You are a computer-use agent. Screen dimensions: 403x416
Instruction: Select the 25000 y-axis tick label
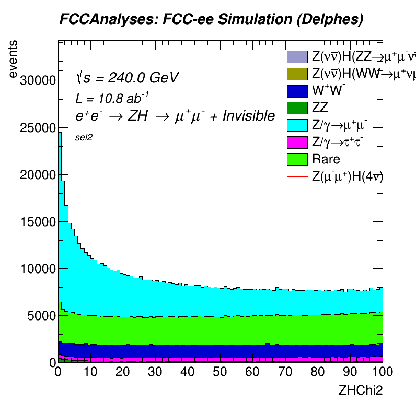[x=38, y=127]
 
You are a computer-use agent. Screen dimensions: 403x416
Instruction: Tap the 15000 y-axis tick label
[x=38, y=221]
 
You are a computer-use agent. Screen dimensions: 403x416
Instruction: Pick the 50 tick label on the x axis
[x=221, y=372]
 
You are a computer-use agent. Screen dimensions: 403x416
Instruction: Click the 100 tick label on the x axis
[x=382, y=372]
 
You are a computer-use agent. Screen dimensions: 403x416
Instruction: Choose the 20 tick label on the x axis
[x=123, y=372]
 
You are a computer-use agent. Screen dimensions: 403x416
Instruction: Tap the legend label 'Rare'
[x=326, y=159]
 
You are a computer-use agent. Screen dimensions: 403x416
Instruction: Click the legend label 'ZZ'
[x=320, y=108]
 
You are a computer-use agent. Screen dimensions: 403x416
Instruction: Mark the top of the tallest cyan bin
[x=60, y=133]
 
